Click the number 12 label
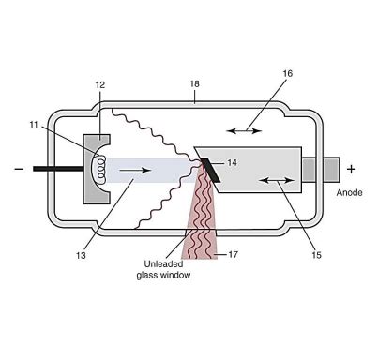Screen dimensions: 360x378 99,85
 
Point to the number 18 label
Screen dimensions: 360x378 193,84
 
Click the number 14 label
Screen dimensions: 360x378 232,162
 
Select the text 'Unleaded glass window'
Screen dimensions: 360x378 151,269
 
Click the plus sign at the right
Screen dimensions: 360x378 352,169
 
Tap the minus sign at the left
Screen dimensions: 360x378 17,170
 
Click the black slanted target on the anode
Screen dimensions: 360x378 209,169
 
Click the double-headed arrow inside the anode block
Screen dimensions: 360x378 273,178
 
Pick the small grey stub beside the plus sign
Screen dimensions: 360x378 329,169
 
